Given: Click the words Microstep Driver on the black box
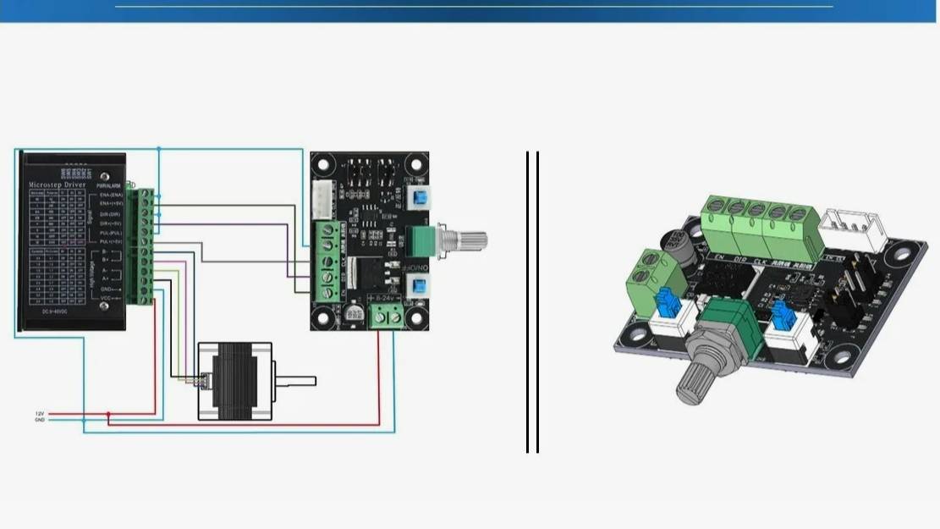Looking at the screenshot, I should click(60, 183).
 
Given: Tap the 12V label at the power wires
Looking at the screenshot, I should click(39, 413).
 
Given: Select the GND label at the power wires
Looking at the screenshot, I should click(39, 419).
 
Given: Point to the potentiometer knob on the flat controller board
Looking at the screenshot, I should click(470, 240).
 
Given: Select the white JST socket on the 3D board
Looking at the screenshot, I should click(855, 228).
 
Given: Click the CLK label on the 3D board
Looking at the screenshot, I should click(760, 258).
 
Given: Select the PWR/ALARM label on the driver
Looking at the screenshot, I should click(107, 184).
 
